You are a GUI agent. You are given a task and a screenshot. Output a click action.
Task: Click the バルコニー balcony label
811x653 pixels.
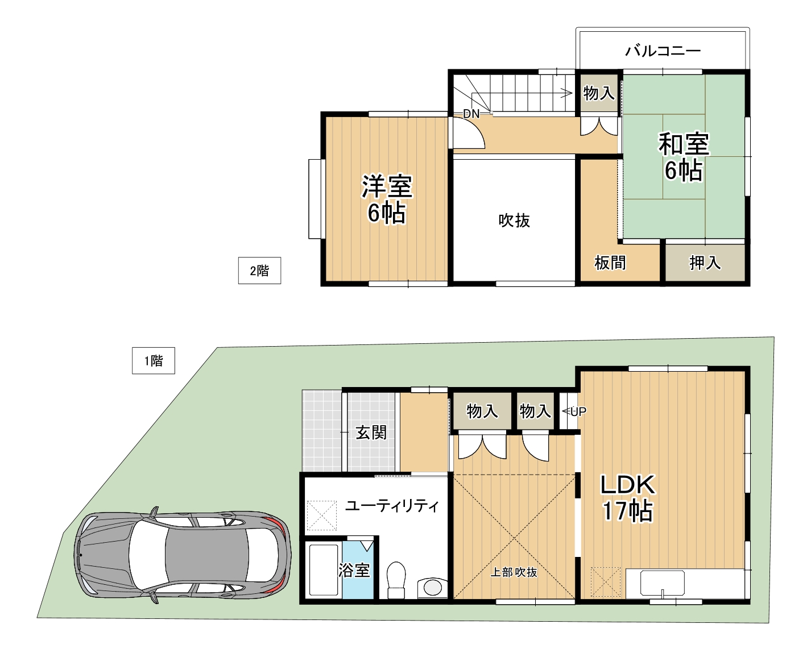click(x=663, y=51)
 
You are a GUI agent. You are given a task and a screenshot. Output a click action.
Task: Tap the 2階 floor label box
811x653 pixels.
click(x=259, y=271)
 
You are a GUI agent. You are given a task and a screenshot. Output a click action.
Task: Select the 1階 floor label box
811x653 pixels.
click(x=154, y=360)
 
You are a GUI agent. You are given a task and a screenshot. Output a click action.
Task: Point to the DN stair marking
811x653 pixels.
click(x=471, y=113)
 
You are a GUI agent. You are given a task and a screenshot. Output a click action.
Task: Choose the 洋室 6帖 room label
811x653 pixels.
click(x=387, y=199)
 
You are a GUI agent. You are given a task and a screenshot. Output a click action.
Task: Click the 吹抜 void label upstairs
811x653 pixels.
click(x=514, y=221)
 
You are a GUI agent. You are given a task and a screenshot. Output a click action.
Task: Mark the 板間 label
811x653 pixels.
click(x=610, y=263)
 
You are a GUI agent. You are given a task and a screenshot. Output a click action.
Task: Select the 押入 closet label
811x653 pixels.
click(x=705, y=263)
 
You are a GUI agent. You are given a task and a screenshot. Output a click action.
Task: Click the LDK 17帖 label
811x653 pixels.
click(x=627, y=498)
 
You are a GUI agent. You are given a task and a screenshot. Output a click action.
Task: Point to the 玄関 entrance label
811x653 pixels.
click(x=371, y=432)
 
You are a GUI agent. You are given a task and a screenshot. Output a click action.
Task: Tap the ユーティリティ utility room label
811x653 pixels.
click(x=392, y=506)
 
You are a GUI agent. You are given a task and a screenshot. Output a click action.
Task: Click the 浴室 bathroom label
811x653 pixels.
click(x=354, y=570)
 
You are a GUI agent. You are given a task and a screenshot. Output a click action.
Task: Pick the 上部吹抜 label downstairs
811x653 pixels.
click(x=514, y=572)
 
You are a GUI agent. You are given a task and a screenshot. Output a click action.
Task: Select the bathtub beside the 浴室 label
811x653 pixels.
click(x=324, y=570)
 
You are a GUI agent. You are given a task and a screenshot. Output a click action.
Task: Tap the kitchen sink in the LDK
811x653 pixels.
click(x=663, y=583)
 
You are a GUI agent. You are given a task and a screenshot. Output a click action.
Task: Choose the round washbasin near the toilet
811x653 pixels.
click(x=432, y=588)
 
